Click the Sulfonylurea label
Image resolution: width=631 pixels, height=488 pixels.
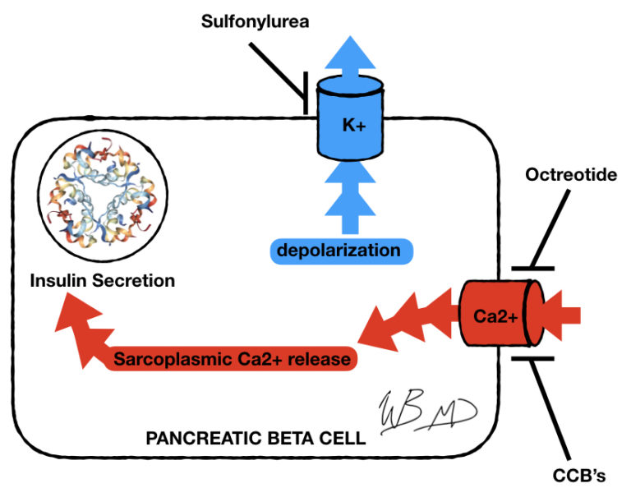pyautogui.click(x=256, y=21)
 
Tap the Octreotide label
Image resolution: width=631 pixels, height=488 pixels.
pyautogui.click(x=570, y=175)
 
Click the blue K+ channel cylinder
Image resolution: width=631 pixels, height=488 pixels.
pyautogui.click(x=349, y=123)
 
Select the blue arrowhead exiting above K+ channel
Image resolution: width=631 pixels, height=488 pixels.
pyautogui.click(x=349, y=53)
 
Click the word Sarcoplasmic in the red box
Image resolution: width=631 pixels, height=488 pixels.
pyautogui.click(x=164, y=359)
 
